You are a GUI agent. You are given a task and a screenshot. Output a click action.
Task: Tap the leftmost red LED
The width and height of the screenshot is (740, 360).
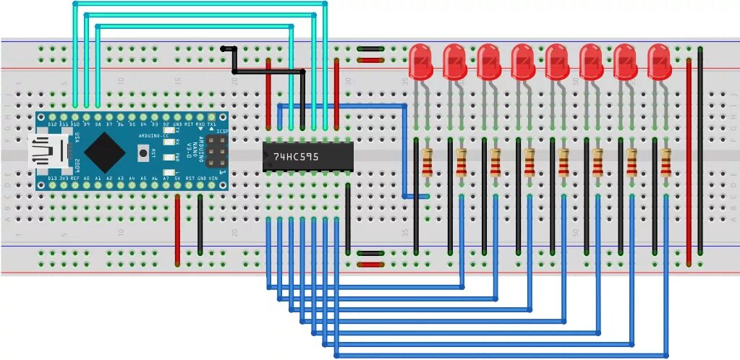(x=420, y=61)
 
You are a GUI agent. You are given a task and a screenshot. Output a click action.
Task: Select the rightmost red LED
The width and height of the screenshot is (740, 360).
(x=659, y=61)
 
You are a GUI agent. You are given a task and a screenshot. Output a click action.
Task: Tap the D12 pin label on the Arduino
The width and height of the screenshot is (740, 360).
(x=52, y=124)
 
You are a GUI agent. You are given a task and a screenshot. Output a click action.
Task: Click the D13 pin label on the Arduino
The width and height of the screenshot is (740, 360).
(x=52, y=178)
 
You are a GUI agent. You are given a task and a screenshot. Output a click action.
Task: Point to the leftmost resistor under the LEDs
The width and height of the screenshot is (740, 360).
(x=427, y=162)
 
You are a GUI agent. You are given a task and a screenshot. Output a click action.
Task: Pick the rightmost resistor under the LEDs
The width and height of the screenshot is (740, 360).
(x=665, y=162)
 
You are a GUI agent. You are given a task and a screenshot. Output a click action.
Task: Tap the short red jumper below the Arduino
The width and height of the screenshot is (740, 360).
(x=177, y=228)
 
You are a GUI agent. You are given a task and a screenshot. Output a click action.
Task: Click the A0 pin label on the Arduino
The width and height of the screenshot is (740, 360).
(x=87, y=178)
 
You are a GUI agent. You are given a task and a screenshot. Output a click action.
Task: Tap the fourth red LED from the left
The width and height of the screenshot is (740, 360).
(x=522, y=61)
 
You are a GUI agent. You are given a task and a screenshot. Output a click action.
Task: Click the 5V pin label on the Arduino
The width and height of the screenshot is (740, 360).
(x=178, y=178)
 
